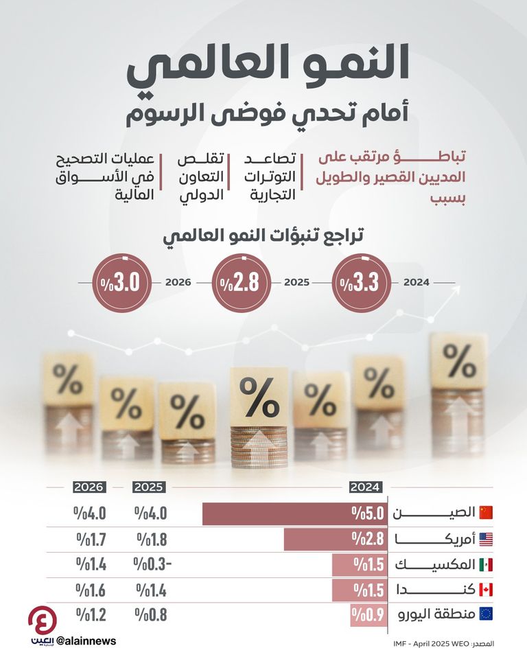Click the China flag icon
(x=486, y=513)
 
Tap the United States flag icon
(x=486, y=539)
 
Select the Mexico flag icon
(x=486, y=564)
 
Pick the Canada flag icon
(x=486, y=590)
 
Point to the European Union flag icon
(x=486, y=614)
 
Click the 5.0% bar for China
(x=295, y=513)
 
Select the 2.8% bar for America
(x=335, y=539)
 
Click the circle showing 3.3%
(x=364, y=282)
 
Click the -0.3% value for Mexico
(x=152, y=564)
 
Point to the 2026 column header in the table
(x=90, y=487)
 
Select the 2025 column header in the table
(x=149, y=487)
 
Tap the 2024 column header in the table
(x=365, y=487)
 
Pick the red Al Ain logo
(x=42, y=620)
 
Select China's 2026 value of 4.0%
(x=91, y=513)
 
